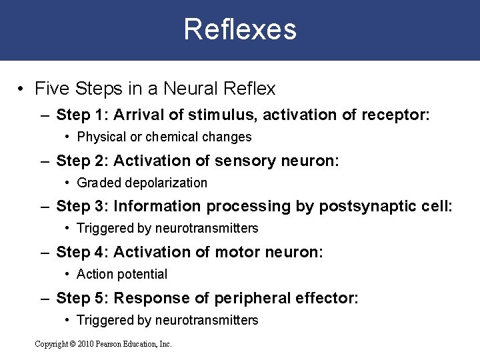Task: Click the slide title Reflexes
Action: [x=240, y=29]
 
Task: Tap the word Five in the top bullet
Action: [x=51, y=88]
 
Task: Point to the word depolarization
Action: [x=166, y=183]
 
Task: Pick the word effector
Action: [x=328, y=298]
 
